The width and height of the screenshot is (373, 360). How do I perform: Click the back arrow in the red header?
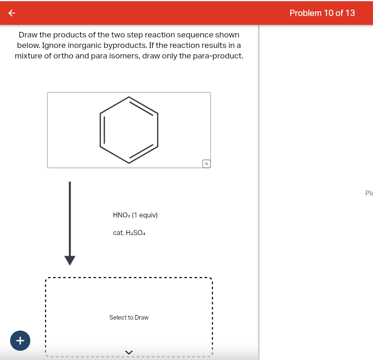click(x=12, y=13)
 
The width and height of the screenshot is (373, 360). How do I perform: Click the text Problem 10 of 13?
click(x=322, y=13)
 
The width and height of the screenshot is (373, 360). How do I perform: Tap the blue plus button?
click(x=20, y=339)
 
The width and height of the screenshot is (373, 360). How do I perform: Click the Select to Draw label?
click(x=129, y=318)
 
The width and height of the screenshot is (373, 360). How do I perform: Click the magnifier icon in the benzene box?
click(x=206, y=164)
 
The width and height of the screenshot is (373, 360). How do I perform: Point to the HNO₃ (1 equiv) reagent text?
click(x=135, y=215)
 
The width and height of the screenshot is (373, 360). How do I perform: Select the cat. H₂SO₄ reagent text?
click(x=129, y=233)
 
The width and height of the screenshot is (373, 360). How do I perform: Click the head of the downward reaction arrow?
click(x=70, y=260)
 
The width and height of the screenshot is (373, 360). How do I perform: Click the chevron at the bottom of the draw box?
click(x=129, y=352)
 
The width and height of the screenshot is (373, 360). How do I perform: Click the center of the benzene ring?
click(x=129, y=130)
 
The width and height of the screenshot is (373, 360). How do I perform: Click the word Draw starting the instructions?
click(x=29, y=35)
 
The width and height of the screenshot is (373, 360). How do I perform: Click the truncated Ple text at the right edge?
click(x=369, y=193)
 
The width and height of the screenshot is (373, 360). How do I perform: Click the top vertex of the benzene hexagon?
click(x=129, y=97)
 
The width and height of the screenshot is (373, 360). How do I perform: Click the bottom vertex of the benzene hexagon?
click(x=129, y=163)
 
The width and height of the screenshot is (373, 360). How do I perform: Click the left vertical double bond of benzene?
click(x=102, y=130)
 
